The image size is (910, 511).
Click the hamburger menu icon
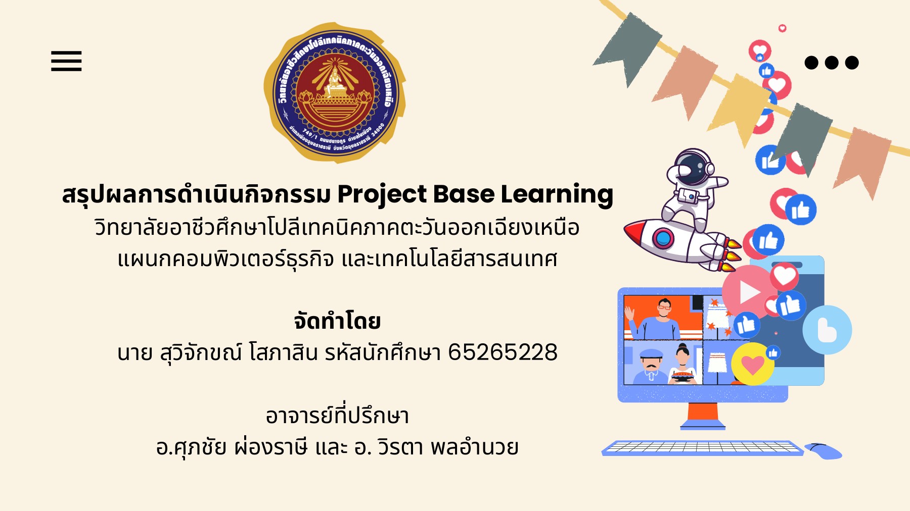(x=66, y=61)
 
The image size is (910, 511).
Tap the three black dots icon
(x=831, y=63)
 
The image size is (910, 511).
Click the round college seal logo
(x=335, y=92)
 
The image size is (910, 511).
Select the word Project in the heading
(x=382, y=195)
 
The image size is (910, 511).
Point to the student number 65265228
(x=503, y=352)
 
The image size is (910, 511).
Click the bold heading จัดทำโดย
(x=337, y=321)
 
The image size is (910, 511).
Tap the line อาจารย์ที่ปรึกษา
(x=337, y=416)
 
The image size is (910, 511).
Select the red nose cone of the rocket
(x=634, y=232)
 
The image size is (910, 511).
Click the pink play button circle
(x=747, y=292)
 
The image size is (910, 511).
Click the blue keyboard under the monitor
(x=703, y=448)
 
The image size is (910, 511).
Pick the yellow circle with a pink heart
(x=752, y=364)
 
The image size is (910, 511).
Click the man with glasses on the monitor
(x=663, y=318)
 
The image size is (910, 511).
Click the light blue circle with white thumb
(x=827, y=330)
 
